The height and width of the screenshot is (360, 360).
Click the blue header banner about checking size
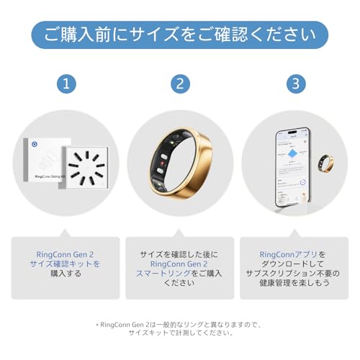coord(179,34)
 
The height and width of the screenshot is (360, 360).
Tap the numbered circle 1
coord(66,84)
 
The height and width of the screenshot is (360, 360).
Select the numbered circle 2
coord(180,84)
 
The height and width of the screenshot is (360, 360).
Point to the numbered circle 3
coord(294,84)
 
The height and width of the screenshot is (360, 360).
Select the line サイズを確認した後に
coord(180,254)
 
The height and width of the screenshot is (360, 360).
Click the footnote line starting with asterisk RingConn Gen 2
coord(180,324)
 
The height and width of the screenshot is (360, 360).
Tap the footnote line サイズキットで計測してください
coord(180,333)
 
